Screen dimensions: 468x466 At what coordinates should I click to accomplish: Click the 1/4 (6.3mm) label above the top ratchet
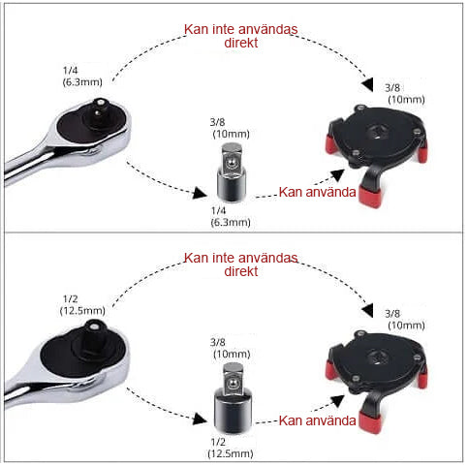click(x=82, y=77)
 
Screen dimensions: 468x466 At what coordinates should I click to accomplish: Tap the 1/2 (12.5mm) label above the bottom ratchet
click(x=82, y=305)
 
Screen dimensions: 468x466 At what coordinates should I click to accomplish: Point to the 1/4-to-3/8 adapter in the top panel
click(x=232, y=172)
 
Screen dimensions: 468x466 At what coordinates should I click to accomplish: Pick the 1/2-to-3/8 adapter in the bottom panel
click(x=233, y=397)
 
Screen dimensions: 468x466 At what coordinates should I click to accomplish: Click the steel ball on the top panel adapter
click(x=231, y=163)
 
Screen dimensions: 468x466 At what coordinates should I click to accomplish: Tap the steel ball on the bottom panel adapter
click(x=232, y=384)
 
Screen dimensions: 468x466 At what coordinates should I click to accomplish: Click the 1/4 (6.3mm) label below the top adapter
click(x=231, y=216)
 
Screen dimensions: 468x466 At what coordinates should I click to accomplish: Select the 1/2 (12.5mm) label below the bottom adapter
click(x=231, y=448)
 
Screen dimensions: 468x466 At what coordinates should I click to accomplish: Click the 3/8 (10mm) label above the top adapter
click(x=230, y=128)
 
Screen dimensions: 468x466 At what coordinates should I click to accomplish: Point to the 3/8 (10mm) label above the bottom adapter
click(x=231, y=348)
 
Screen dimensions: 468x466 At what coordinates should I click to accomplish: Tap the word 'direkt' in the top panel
click(x=241, y=43)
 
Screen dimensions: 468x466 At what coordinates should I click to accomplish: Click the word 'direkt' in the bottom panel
click(x=241, y=271)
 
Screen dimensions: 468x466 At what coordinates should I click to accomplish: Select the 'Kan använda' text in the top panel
click(x=317, y=192)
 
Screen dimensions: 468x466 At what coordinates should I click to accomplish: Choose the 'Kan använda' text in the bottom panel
click(x=317, y=420)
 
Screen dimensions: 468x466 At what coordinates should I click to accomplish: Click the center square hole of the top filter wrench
click(x=378, y=132)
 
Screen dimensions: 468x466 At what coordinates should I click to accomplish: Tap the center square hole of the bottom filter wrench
click(x=378, y=357)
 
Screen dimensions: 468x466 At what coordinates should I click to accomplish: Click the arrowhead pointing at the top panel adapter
click(x=200, y=193)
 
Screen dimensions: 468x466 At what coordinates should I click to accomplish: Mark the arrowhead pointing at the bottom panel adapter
click(x=200, y=419)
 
